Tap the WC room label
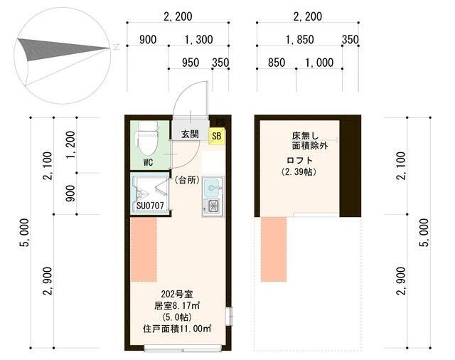(148, 162)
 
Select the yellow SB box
(215, 136)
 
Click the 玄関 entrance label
(189, 134)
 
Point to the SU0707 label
(150, 206)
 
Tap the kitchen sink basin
(213, 189)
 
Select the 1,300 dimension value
(198, 40)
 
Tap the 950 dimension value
(190, 63)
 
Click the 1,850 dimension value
(300, 40)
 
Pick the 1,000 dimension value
(318, 63)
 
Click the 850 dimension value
(277, 63)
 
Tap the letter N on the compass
(115, 47)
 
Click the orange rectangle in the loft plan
(274, 249)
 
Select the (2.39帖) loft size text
(299, 172)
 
